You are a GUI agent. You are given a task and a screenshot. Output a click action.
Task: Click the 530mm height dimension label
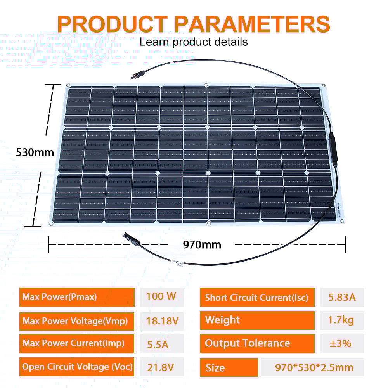click(35, 152)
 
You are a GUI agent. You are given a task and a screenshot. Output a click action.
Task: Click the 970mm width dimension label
click(202, 245)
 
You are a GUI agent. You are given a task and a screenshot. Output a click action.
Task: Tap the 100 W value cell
click(161, 297)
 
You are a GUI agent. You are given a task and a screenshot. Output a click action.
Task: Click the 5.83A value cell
click(342, 298)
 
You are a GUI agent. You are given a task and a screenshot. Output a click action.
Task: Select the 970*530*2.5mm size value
click(314, 367)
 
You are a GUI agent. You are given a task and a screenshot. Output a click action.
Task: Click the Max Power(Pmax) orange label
click(77, 297)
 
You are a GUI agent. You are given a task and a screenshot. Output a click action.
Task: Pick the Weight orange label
click(257, 320)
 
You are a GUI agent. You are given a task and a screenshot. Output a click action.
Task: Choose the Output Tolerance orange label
click(257, 344)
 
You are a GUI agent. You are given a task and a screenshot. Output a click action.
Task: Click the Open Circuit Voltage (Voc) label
click(77, 367)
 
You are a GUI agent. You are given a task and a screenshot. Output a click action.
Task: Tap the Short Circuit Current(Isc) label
click(257, 298)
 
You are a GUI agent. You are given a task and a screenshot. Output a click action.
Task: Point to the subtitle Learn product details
click(194, 42)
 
